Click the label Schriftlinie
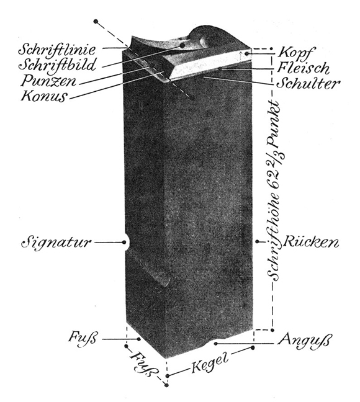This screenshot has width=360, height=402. (x=57, y=50)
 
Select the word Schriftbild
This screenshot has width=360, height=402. (x=57, y=65)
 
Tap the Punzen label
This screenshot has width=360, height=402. (x=48, y=81)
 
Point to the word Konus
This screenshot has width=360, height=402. (x=44, y=96)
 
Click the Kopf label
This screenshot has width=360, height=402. (x=295, y=53)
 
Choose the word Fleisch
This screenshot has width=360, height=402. (x=303, y=68)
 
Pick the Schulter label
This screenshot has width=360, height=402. (x=308, y=83)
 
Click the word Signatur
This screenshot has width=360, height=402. (x=56, y=242)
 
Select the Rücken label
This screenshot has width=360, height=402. (x=311, y=242)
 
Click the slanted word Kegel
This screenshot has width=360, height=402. (x=210, y=364)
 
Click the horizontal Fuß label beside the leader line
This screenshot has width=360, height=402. (x=83, y=337)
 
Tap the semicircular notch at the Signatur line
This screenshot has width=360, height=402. (x=126, y=242)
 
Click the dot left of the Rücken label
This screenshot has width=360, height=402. (x=257, y=241)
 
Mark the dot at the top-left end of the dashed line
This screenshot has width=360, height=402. (x=96, y=22)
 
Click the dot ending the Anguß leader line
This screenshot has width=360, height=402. (x=216, y=344)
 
